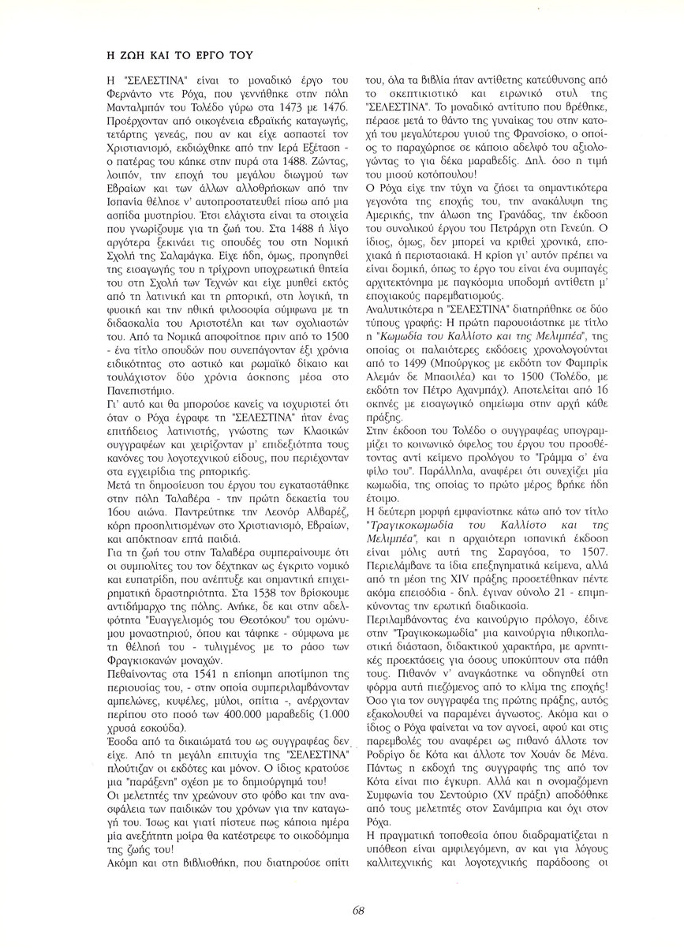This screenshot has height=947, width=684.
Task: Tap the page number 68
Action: click(358, 911)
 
